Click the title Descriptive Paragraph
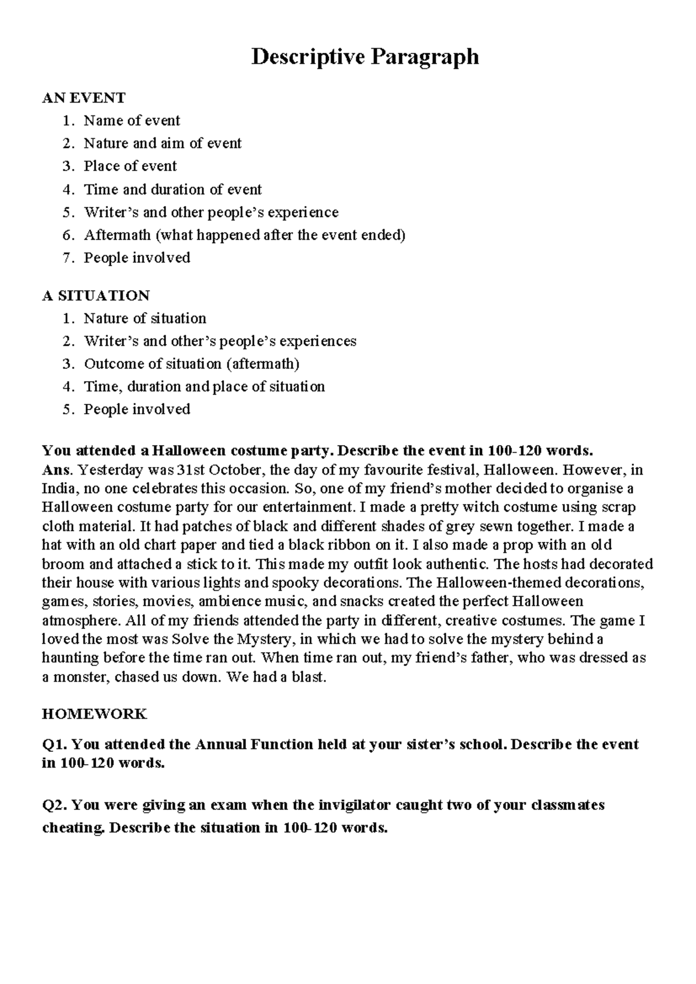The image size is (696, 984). tap(365, 57)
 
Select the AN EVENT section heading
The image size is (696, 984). tap(84, 97)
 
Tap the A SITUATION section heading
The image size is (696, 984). tap(96, 295)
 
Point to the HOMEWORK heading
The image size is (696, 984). tap(95, 714)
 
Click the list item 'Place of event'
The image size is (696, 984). tap(130, 166)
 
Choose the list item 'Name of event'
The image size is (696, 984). tap(132, 121)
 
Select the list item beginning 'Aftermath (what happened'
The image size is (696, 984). tap(244, 235)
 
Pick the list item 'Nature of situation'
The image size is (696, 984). tap(145, 319)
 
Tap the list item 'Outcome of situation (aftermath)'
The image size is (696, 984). tap(191, 364)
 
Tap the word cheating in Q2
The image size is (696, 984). tap(74, 827)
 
